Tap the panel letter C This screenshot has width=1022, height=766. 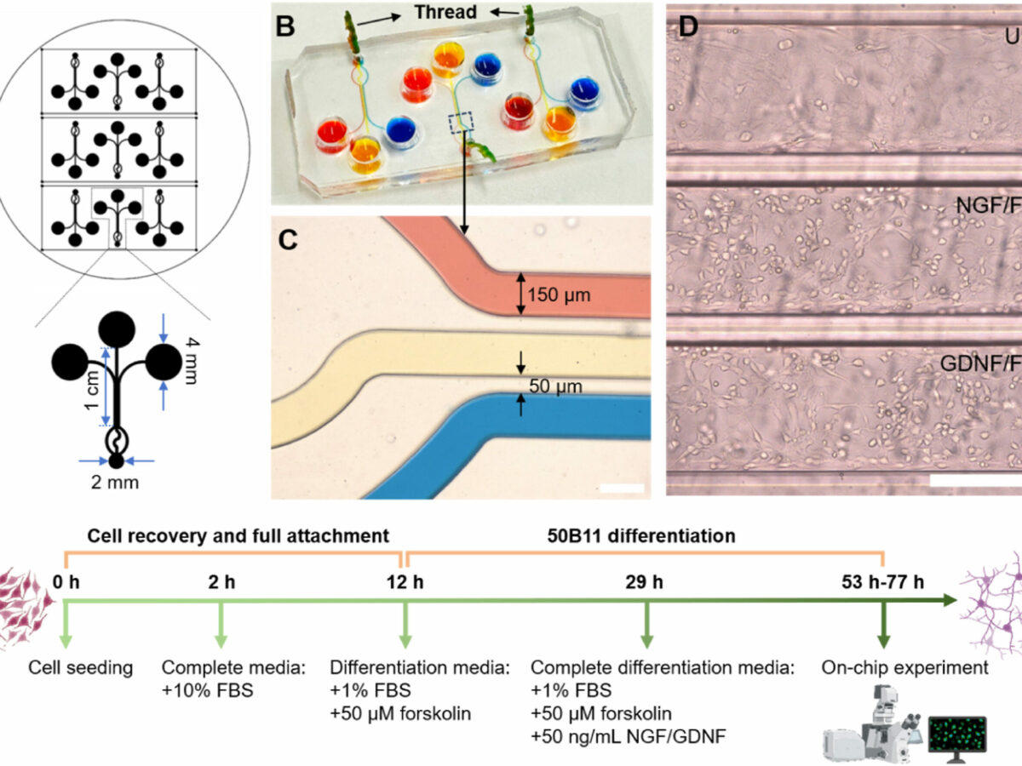pyautogui.click(x=288, y=242)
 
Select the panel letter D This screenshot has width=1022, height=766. pyautogui.click(x=687, y=26)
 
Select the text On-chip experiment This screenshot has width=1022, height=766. pyautogui.click(x=904, y=667)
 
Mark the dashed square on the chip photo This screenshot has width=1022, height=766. pyautogui.click(x=461, y=125)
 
